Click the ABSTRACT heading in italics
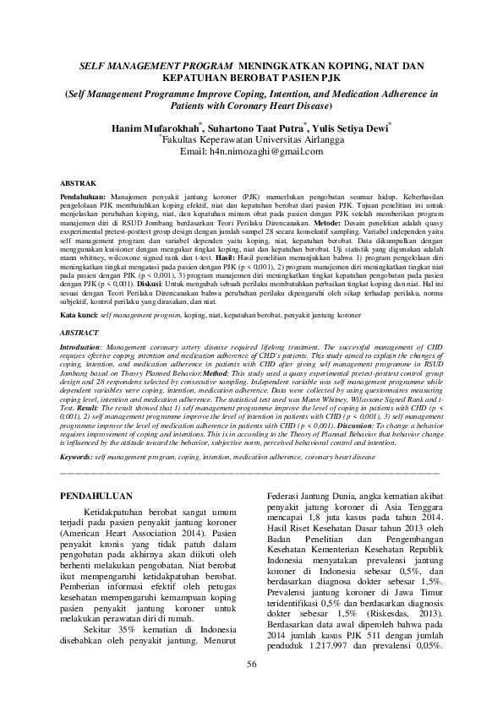point(83,333)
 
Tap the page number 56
point(251,687)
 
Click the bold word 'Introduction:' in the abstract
point(85,347)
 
